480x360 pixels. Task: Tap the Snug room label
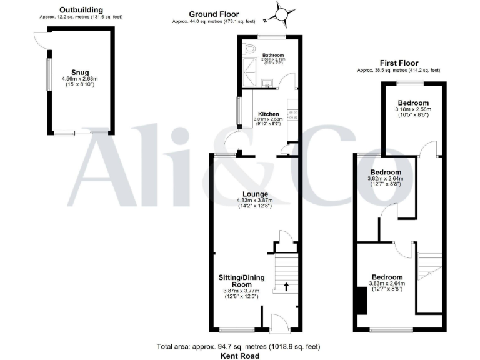tap(81, 71)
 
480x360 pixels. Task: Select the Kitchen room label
tap(268, 114)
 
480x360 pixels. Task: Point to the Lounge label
tap(256, 194)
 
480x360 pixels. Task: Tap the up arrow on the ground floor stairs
tap(286, 287)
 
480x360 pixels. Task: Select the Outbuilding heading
tap(81, 11)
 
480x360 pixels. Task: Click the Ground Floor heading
tap(214, 14)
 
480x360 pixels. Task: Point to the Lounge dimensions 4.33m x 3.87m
tap(256, 201)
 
